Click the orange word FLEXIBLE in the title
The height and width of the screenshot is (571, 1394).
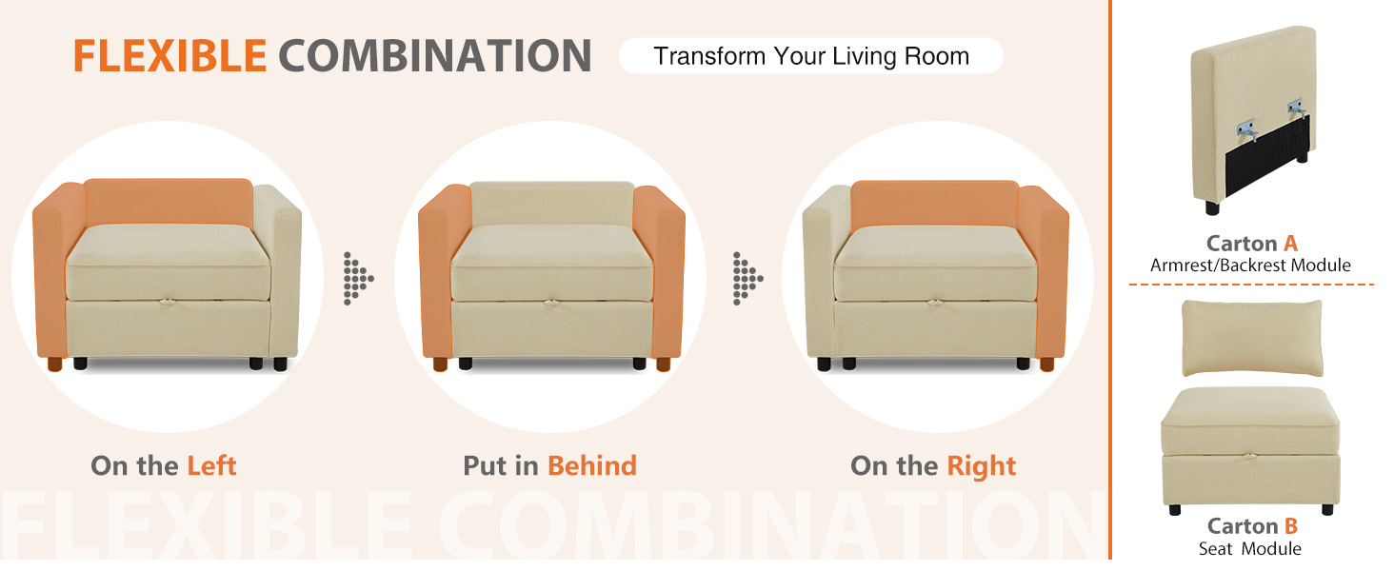tap(169, 56)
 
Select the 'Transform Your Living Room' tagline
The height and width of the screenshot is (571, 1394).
tap(811, 56)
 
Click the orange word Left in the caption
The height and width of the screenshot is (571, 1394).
tap(211, 465)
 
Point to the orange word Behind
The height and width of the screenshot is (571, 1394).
tap(592, 465)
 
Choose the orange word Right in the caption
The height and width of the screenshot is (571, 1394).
tap(982, 466)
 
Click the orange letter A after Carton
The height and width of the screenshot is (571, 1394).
tap(1291, 244)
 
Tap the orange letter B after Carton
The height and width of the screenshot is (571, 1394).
tap(1291, 526)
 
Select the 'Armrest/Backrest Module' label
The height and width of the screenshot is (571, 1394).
tap(1250, 266)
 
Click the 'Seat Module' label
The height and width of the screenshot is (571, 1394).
tap(1249, 548)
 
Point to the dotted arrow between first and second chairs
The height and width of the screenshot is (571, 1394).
tap(358, 279)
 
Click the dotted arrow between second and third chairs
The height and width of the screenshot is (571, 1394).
tap(747, 279)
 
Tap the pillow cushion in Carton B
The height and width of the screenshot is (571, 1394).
tap(1252, 338)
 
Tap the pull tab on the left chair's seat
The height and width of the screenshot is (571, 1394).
tap(167, 303)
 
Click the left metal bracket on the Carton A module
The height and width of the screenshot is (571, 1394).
tap(1245, 130)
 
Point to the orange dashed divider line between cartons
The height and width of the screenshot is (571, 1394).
tap(1251, 285)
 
